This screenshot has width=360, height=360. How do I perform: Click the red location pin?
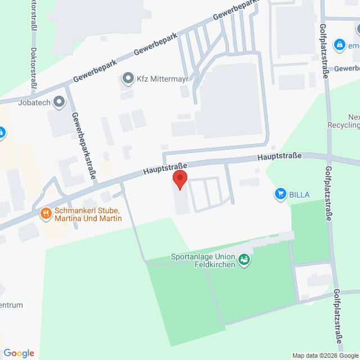coord(179,180)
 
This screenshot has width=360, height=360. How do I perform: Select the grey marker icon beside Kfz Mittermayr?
coord(128,79)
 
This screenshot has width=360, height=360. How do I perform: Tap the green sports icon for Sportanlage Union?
coord(244,260)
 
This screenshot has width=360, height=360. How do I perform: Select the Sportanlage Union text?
coord(201,256)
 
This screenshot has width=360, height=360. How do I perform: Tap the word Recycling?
coord(345,125)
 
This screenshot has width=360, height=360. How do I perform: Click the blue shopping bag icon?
coord(339,44)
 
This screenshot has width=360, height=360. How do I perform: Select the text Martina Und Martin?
coord(89,218)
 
